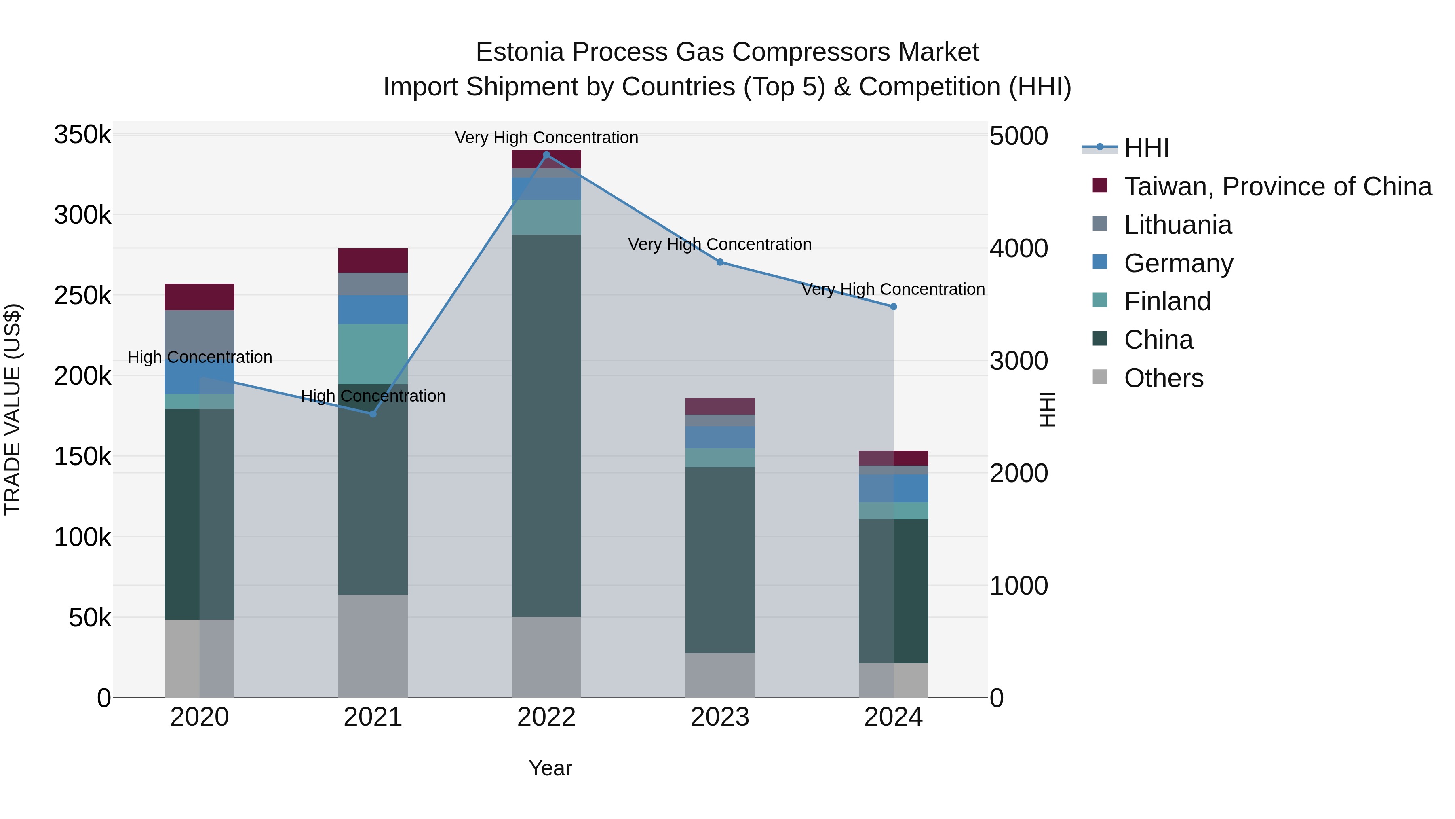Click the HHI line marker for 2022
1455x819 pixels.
click(x=546, y=155)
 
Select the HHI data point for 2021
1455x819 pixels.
click(x=373, y=414)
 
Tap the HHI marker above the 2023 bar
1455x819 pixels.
click(x=719, y=262)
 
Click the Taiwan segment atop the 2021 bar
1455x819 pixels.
click(x=373, y=260)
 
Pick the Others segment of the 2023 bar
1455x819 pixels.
click(x=719, y=675)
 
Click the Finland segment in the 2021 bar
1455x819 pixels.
click(x=373, y=354)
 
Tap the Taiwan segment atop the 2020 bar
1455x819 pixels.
click(x=199, y=297)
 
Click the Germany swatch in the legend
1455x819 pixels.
click(x=1100, y=262)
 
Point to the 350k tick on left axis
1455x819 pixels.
click(x=82, y=135)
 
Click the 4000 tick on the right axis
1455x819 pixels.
click(x=1018, y=248)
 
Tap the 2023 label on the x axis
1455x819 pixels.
click(x=719, y=717)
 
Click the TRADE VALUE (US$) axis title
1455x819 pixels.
click(x=13, y=409)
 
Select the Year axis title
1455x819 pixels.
click(x=550, y=768)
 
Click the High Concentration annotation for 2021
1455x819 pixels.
click(x=373, y=396)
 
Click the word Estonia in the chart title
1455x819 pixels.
click(x=520, y=52)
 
